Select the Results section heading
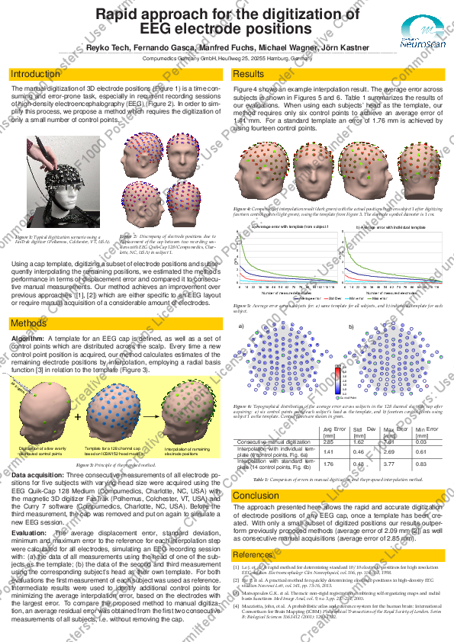click(249, 74)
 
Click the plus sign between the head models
click(77, 417)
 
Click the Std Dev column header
click(359, 430)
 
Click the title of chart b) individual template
click(393, 227)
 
